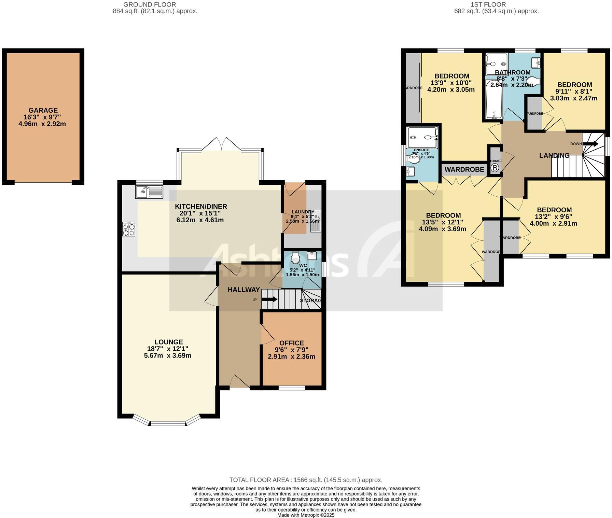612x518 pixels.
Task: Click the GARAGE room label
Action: [x=43, y=110]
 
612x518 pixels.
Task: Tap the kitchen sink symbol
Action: [x=149, y=192]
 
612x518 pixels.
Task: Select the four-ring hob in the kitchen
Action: [x=129, y=229]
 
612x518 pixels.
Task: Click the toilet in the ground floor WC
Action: [x=295, y=257]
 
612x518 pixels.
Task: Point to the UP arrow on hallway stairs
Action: [x=269, y=299]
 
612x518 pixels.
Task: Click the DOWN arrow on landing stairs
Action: [x=590, y=144]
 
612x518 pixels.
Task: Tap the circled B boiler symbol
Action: [x=495, y=168]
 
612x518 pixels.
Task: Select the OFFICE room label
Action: [x=291, y=343]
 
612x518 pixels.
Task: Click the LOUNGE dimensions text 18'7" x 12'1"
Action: [x=168, y=349]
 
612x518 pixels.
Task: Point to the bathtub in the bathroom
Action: [x=493, y=99]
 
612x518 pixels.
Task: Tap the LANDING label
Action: [x=554, y=156]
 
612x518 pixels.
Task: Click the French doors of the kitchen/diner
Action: [x=222, y=144]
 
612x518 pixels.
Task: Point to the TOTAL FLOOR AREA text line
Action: [x=306, y=480]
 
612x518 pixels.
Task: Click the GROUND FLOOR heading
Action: [x=150, y=4]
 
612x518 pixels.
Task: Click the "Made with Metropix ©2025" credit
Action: [x=306, y=515]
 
